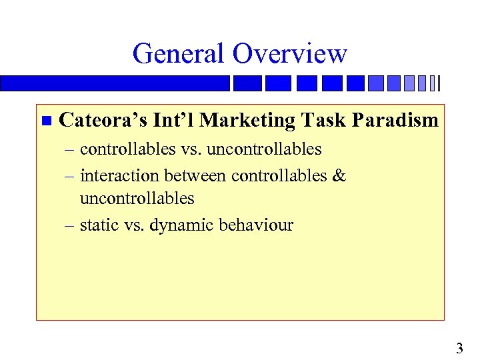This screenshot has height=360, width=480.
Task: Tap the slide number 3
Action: [459, 347]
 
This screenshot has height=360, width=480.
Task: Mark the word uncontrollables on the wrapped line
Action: [137, 198]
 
